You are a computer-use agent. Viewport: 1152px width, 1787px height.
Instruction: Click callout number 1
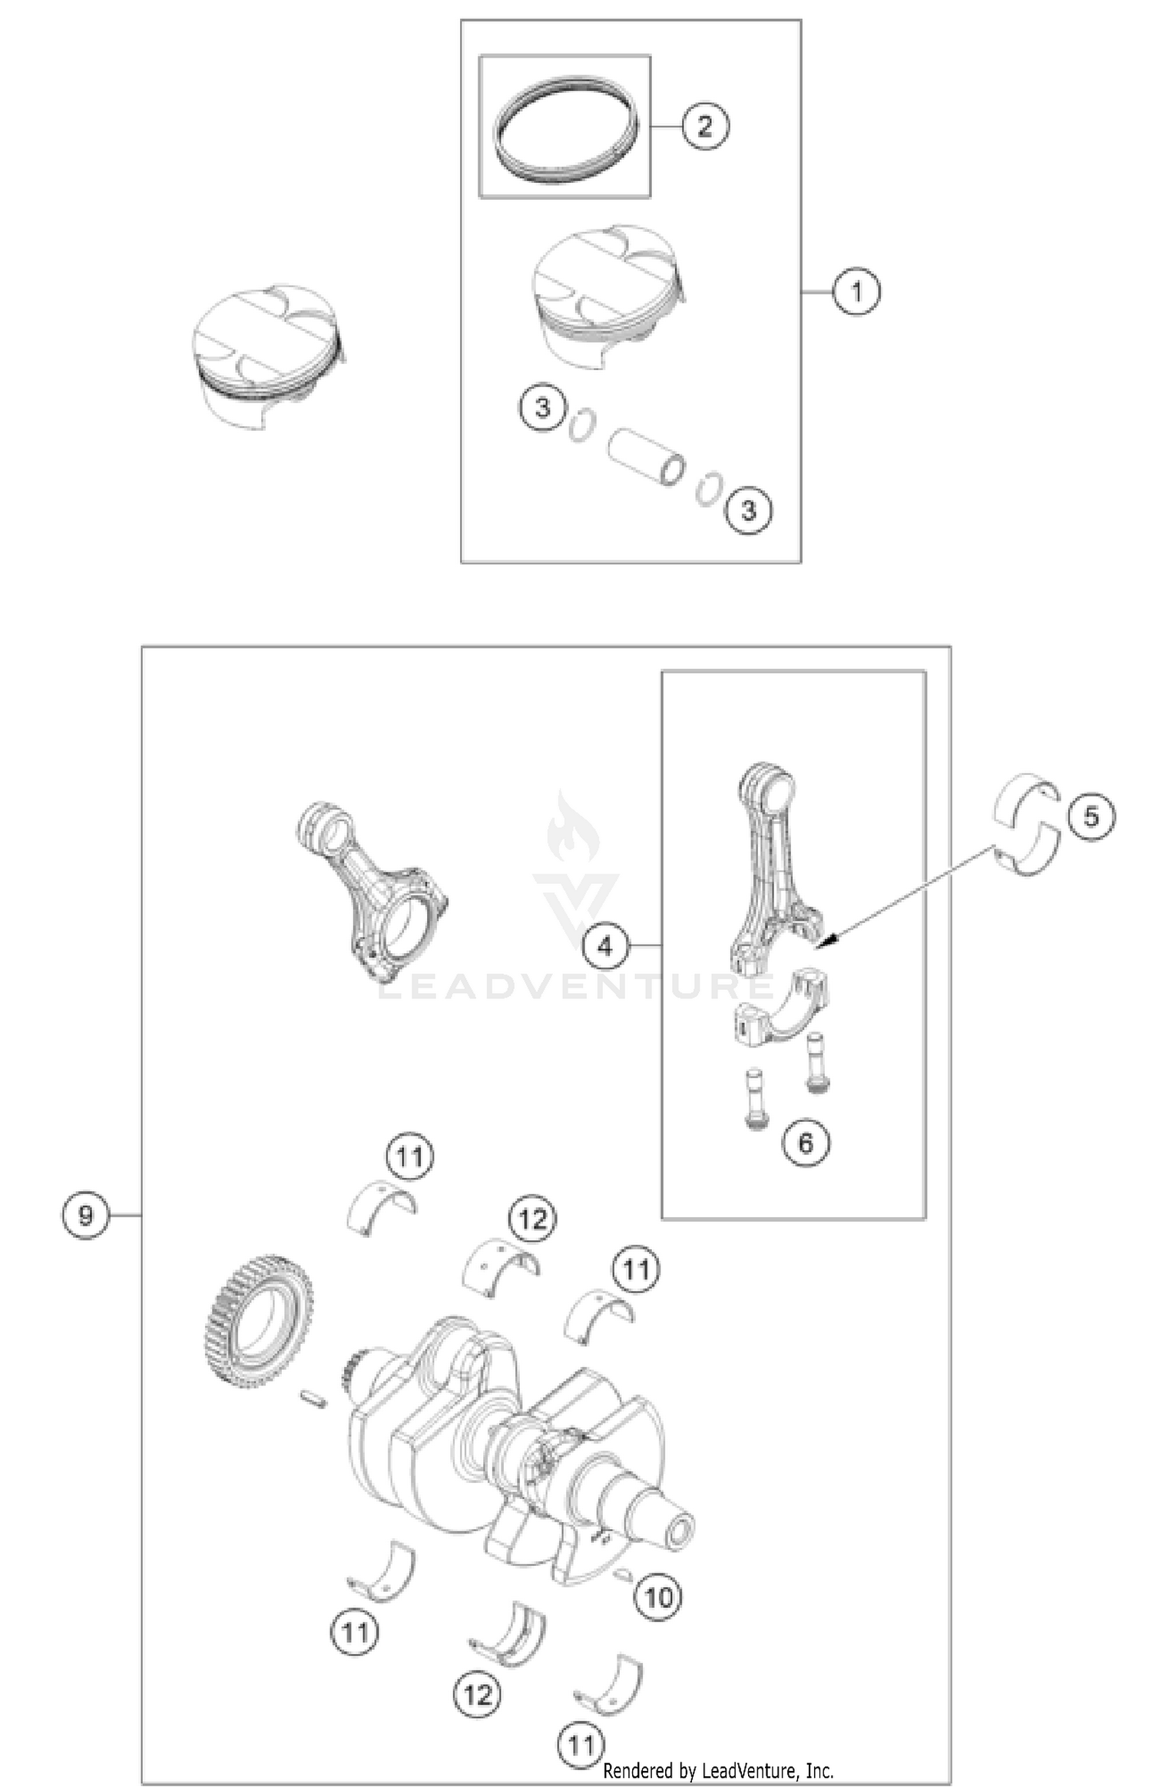coord(856,291)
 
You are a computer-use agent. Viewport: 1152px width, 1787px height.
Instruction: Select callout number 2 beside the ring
coord(704,125)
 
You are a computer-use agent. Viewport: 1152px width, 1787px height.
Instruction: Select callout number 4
coord(605,946)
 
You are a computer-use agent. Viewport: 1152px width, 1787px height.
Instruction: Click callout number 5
coord(1091,816)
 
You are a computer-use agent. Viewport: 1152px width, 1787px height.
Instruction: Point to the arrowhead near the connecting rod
coord(826,939)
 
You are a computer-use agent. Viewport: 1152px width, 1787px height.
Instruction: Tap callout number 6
coord(805,1143)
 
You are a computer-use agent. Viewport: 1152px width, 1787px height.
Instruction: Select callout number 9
coord(86,1215)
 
